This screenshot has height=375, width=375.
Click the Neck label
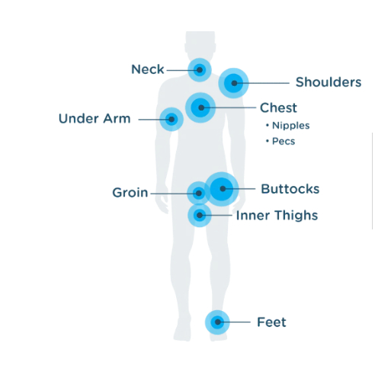[x=148, y=69]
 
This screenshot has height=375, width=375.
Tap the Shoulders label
[x=329, y=82]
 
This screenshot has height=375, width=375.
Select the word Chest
[x=278, y=107]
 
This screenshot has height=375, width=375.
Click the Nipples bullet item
[x=288, y=126]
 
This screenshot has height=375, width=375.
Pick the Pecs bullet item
[x=280, y=141]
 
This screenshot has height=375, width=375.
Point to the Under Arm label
[x=95, y=119]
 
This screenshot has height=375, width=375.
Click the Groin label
[x=130, y=193]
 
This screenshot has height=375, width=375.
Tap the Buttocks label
[x=290, y=189]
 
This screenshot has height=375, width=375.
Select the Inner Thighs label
[x=277, y=216]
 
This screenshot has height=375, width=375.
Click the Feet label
[x=271, y=322]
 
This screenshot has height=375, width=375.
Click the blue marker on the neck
[x=200, y=70]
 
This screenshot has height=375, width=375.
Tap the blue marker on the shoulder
[x=233, y=83]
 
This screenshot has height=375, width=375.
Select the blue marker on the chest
[x=200, y=107]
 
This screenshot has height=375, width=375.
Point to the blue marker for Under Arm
[x=171, y=119]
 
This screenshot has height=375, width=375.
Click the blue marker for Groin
[x=199, y=194]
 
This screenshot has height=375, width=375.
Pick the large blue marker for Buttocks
[x=222, y=189]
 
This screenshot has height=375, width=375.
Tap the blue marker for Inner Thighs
[x=200, y=216]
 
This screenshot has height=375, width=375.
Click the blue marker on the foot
[x=217, y=322]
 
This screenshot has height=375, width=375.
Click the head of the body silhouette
[x=200, y=44]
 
